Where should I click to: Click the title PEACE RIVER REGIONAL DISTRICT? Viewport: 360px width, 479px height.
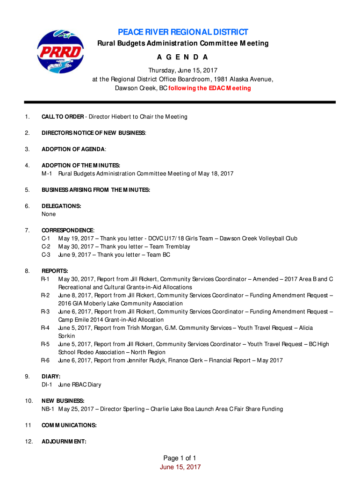tap(183, 32)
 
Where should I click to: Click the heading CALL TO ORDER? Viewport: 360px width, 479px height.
tap(63, 116)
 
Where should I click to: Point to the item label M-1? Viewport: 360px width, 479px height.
tap(48, 174)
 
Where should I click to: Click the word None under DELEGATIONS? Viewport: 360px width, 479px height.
tap(49, 214)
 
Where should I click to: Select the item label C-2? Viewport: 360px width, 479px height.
tap(46, 247)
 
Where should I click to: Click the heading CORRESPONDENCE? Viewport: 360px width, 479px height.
tap(67, 230)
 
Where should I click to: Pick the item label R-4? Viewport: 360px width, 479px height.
tap(45, 328)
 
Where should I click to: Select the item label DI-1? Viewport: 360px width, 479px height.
tap(47, 385)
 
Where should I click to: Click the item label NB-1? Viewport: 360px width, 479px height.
tap(48, 409)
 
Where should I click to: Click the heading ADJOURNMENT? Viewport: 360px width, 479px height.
tap(64, 441)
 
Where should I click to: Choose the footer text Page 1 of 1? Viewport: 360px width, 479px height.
tap(180, 458)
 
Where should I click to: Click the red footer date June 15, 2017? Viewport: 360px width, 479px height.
tap(180, 467)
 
